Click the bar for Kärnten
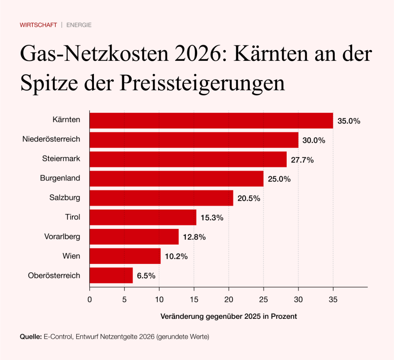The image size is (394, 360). click(x=211, y=120)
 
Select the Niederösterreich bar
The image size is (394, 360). click(x=194, y=140)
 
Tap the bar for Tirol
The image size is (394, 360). click(x=143, y=217)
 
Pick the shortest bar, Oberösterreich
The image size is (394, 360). click(x=111, y=275)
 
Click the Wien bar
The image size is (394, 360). click(x=125, y=256)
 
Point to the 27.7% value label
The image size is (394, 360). click(x=302, y=160)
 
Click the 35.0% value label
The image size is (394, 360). click(x=349, y=121)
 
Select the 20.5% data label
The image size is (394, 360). click(x=249, y=198)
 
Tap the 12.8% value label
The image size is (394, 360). click(x=194, y=237)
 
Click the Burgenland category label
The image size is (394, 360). click(x=60, y=178)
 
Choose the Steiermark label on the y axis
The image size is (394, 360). click(x=61, y=159)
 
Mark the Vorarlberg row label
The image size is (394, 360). click(x=62, y=237)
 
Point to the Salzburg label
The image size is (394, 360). click(x=65, y=198)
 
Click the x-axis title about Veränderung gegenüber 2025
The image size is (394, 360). click(x=228, y=317)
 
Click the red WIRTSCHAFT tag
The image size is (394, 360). click(x=38, y=25)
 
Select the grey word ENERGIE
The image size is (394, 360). click(x=79, y=25)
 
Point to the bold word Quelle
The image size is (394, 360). click(x=30, y=337)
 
